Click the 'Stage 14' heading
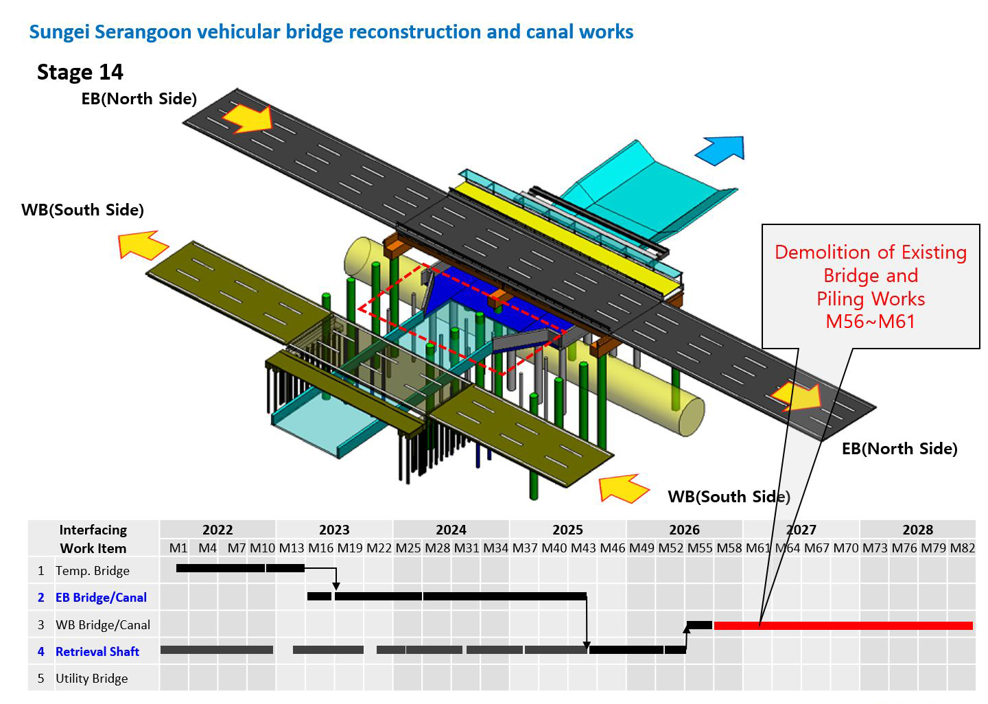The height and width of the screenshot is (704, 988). click(x=80, y=72)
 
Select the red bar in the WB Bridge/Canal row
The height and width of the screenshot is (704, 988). click(x=843, y=626)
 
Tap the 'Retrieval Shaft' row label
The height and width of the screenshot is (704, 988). click(x=97, y=652)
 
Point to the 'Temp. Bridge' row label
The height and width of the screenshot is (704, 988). click(x=93, y=571)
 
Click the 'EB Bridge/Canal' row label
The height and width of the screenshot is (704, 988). click(x=101, y=597)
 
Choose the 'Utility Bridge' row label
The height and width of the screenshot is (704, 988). click(x=92, y=679)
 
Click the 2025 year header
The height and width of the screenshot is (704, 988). click(x=567, y=530)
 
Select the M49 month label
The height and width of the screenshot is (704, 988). click(x=642, y=548)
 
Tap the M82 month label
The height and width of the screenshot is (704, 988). click(x=963, y=548)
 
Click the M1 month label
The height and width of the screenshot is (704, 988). click(x=178, y=548)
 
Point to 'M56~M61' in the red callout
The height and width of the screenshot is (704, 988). click(x=870, y=321)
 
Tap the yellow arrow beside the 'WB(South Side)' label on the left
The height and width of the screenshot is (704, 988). click(x=143, y=245)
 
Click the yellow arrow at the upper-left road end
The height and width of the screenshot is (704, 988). click(x=248, y=118)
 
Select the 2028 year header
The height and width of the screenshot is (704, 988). click(x=918, y=530)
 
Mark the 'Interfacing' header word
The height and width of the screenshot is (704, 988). click(x=93, y=530)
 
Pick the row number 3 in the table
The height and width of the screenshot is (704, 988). click(x=41, y=625)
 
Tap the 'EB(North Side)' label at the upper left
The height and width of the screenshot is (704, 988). click(x=139, y=99)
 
